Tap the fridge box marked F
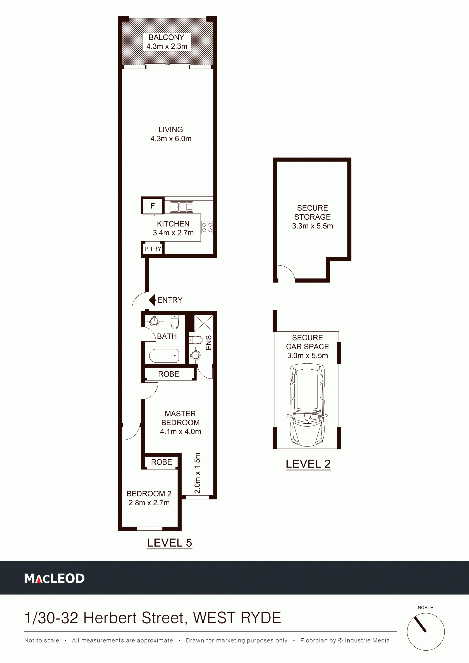click(x=153, y=206)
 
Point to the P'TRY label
click(x=153, y=249)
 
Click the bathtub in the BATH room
click(x=164, y=356)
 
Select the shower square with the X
click(x=204, y=323)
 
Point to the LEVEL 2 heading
click(x=308, y=464)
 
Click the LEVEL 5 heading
click(x=170, y=543)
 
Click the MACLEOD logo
click(x=54, y=578)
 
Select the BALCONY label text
click(x=167, y=37)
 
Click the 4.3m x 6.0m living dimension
click(x=171, y=139)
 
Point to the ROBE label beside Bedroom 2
click(x=161, y=462)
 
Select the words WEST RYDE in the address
click(x=237, y=618)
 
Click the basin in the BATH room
click(x=154, y=321)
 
